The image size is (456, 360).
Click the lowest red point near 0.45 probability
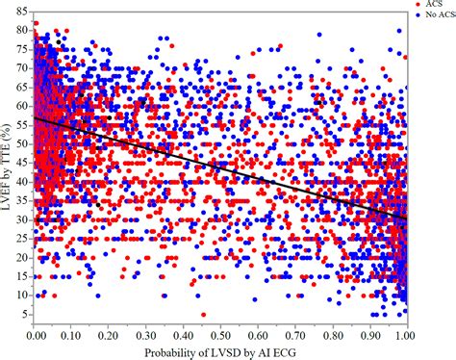[203, 314]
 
